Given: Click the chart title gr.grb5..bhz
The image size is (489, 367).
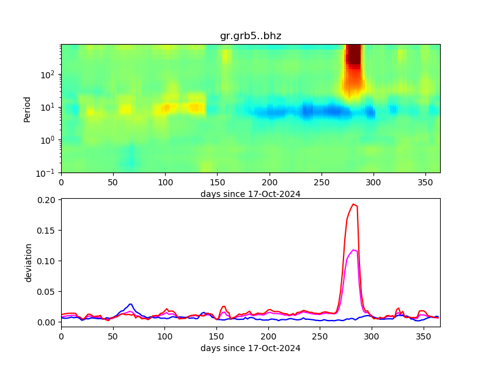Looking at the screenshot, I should click(x=251, y=36).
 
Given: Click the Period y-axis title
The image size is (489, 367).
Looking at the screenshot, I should click(x=27, y=108).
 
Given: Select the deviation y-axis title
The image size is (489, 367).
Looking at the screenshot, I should click(x=28, y=262).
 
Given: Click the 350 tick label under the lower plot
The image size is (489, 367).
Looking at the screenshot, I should click(x=425, y=336).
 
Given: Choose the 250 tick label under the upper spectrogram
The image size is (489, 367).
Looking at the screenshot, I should click(x=321, y=182).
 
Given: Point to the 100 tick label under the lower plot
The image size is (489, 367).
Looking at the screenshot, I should click(x=165, y=336).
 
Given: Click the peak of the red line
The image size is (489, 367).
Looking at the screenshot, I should click(x=353, y=204).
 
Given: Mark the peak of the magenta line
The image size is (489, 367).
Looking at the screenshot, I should click(x=354, y=250).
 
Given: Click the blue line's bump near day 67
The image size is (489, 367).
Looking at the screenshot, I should click(x=131, y=304).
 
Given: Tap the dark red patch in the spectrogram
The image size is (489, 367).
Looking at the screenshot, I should click(x=353, y=56).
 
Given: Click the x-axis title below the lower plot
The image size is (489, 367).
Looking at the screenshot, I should click(x=251, y=348).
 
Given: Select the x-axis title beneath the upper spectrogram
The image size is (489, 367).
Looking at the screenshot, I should click(x=251, y=194).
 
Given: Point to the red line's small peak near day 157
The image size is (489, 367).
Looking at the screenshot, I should click(x=224, y=306).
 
